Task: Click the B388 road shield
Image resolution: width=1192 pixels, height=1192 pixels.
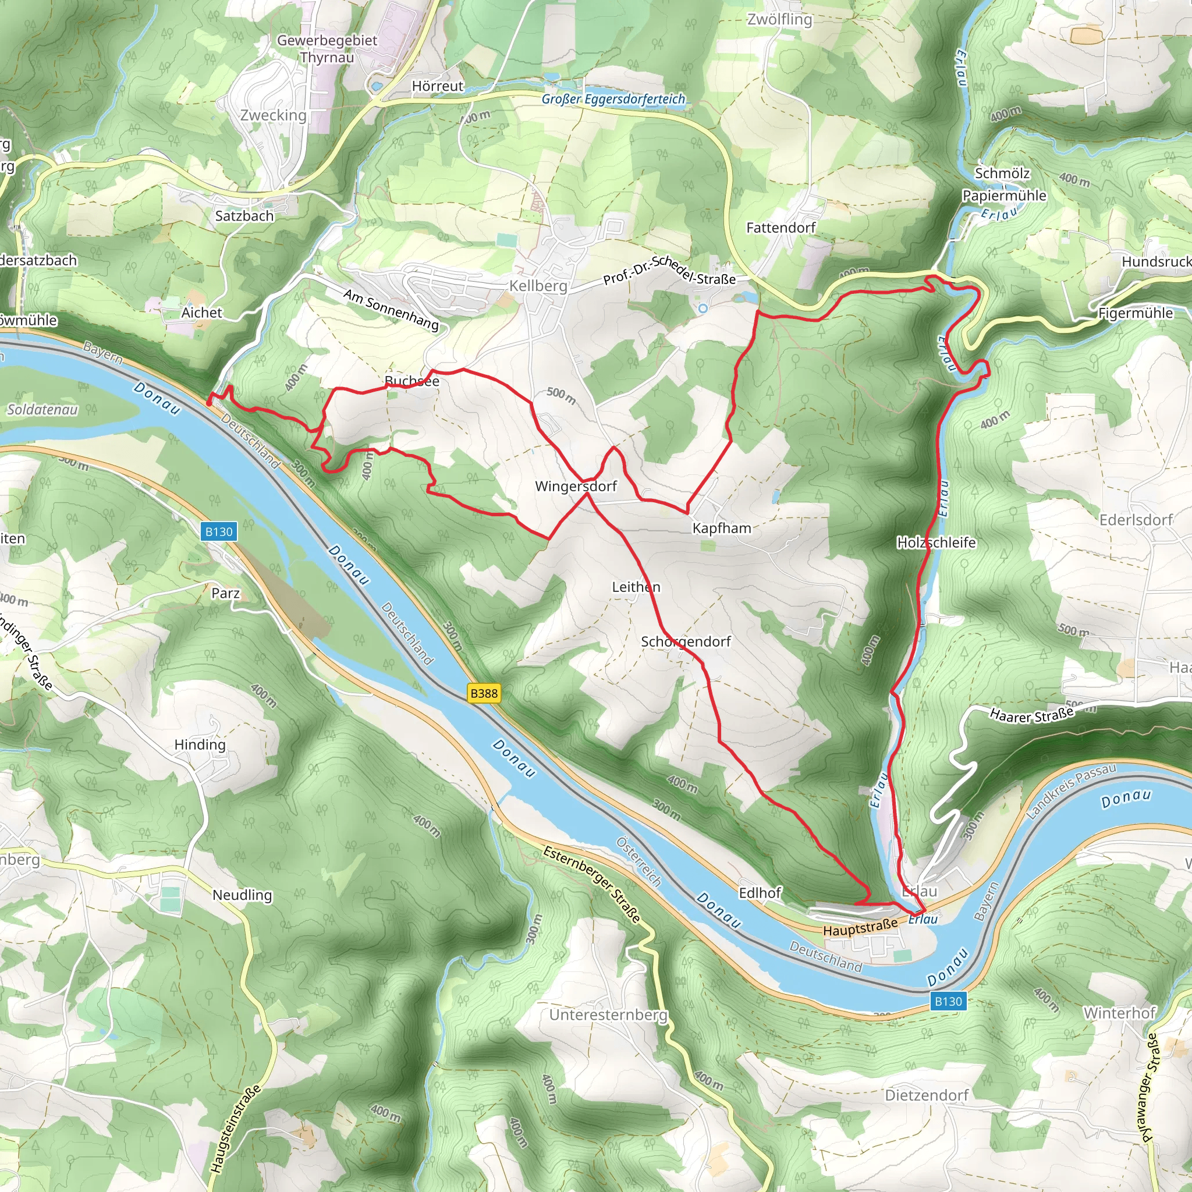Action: (484, 693)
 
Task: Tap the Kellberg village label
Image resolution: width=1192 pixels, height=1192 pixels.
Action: (538, 286)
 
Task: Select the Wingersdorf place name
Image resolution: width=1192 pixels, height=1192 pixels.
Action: (576, 486)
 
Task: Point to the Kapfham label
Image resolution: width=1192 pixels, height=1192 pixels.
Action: (721, 528)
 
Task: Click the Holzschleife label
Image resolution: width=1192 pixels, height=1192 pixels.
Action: (936, 542)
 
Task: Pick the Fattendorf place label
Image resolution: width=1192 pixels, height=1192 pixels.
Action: (781, 228)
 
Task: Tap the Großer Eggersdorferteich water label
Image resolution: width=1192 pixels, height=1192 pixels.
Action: (613, 99)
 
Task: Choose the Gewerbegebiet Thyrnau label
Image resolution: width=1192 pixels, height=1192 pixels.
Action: (327, 49)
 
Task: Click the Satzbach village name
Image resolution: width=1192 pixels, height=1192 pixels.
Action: (244, 216)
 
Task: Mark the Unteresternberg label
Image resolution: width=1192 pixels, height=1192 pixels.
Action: (608, 1014)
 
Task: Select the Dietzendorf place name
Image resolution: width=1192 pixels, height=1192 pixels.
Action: (927, 1095)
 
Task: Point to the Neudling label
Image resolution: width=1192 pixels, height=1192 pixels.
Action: (242, 895)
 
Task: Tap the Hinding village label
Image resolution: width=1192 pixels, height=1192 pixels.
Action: (200, 744)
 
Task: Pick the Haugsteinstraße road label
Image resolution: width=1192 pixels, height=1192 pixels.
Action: (236, 1129)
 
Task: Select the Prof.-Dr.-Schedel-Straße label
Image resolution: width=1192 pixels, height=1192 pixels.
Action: (669, 269)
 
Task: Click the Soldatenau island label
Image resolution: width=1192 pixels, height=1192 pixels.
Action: (42, 410)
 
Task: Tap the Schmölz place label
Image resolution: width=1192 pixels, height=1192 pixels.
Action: (1002, 173)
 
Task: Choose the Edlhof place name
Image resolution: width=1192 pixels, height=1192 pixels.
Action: (760, 893)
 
